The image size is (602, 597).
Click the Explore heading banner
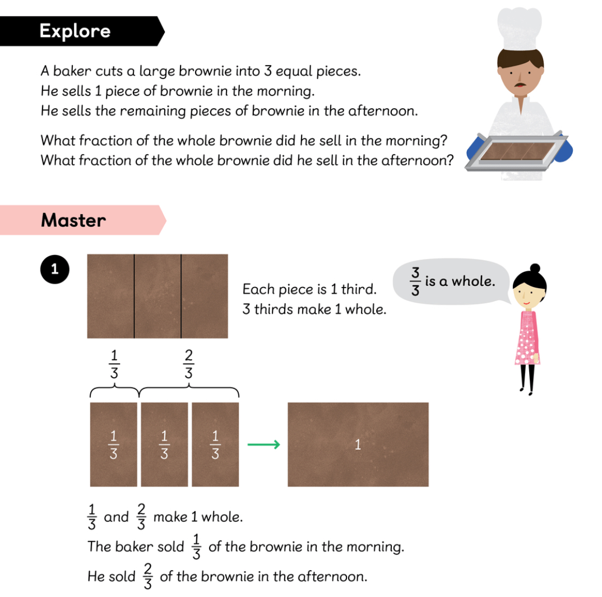tap(82, 31)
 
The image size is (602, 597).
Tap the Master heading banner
tap(82, 220)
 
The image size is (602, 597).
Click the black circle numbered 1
tap(55, 269)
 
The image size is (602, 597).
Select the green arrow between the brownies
tap(264, 445)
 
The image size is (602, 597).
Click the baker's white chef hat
tap(520, 28)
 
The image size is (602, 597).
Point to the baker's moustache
tap(520, 84)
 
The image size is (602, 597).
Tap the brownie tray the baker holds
tap(516, 152)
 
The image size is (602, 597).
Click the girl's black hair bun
tap(535, 268)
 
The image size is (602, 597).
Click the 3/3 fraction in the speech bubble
tap(415, 281)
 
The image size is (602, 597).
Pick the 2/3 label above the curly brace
tap(188, 364)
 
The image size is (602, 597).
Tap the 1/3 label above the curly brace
tap(114, 364)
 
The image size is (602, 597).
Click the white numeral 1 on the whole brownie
tap(358, 445)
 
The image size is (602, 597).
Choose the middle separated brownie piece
tap(164, 445)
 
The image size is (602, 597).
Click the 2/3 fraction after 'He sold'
tap(148, 576)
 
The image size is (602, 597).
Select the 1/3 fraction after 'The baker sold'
tap(197, 547)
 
